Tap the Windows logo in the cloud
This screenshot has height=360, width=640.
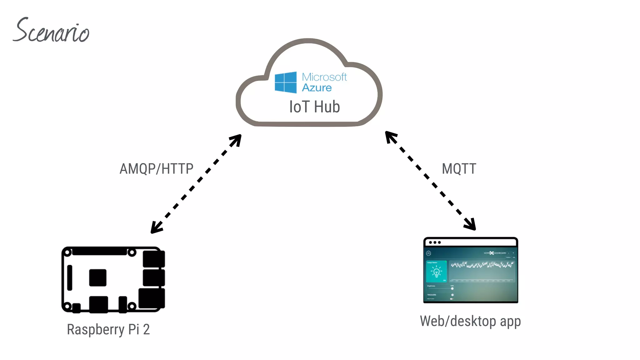point(285,82)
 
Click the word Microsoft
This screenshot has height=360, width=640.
point(324,77)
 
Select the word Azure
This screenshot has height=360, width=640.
point(317,88)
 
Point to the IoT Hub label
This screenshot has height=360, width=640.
point(314,107)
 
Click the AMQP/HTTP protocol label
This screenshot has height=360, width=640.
point(157,169)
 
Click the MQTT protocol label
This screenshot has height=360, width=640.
point(459,169)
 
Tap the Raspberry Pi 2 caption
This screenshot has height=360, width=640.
point(108,329)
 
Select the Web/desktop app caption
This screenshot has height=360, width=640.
point(470,321)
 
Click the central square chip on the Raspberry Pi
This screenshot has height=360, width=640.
point(97,277)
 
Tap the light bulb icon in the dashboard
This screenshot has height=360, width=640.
point(437,272)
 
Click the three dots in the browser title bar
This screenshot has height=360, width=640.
point(435,242)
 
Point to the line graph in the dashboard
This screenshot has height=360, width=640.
point(482,265)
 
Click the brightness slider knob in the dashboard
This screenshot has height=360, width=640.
point(452,288)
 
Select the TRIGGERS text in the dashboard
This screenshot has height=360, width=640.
point(432,295)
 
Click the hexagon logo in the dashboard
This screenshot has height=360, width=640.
point(428,253)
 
